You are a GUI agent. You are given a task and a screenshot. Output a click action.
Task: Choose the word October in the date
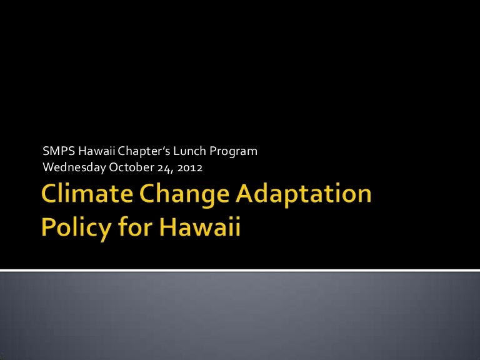tap(132, 167)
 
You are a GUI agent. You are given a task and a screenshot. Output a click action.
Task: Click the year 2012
tap(190, 167)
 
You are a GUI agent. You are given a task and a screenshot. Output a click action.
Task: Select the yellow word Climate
tap(87, 193)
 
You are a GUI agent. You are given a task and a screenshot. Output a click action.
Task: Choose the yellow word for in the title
tap(135, 226)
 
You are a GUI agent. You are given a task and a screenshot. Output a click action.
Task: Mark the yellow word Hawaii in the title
tap(200, 226)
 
